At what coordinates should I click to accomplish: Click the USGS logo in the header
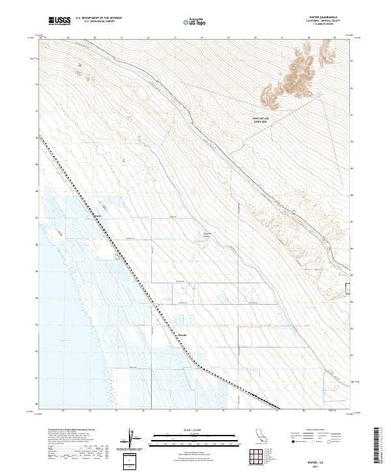pyautogui.click(x=58, y=21)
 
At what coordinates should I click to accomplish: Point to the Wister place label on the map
pyautogui.click(x=100, y=215)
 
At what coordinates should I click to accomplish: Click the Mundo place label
pyautogui.click(x=182, y=336)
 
